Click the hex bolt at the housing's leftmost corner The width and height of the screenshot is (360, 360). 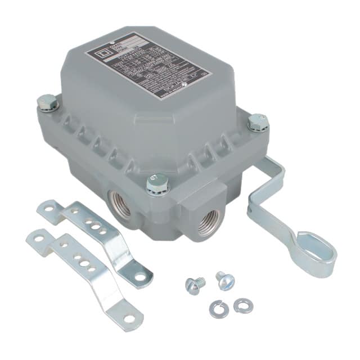(x=48, y=103)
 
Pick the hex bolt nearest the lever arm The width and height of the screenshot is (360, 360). (x=258, y=122)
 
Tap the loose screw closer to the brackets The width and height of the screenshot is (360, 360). (x=195, y=285)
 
